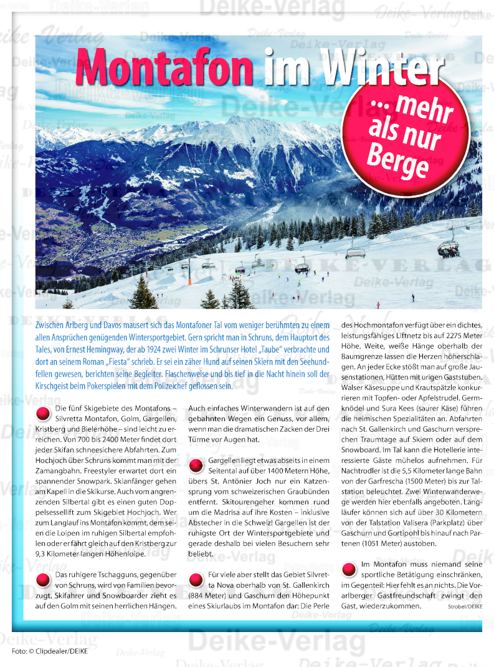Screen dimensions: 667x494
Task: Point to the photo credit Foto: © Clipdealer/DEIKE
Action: [x=50, y=651]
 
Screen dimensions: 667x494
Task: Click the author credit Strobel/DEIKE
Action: [x=464, y=606]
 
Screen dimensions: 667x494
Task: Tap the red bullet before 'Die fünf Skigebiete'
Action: [x=44, y=413]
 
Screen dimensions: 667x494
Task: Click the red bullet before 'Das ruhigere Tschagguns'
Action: [x=44, y=578]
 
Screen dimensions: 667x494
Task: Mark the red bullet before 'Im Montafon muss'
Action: [x=349, y=568]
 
